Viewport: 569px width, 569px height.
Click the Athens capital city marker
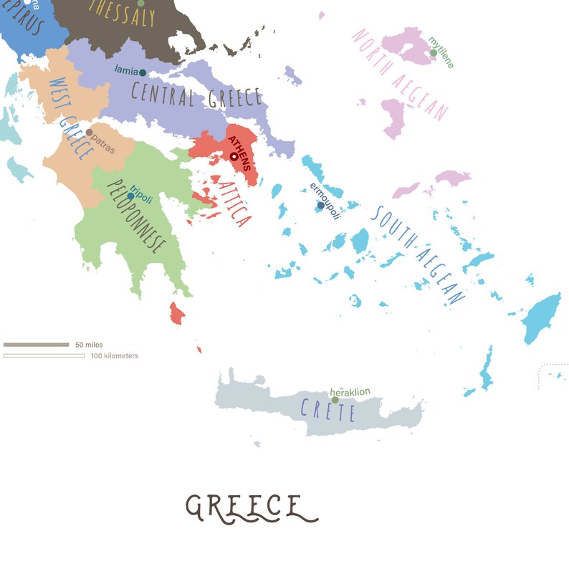click(x=234, y=156)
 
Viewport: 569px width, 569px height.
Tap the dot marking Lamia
click(x=143, y=72)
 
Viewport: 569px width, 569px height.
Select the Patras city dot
click(x=89, y=133)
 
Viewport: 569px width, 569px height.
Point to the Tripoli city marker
click(x=130, y=196)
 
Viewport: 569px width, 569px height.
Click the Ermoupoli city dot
click(x=321, y=206)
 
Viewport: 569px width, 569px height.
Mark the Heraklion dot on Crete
click(x=335, y=400)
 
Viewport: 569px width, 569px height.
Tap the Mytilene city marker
click(x=434, y=52)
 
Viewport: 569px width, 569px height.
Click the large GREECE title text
click(x=251, y=507)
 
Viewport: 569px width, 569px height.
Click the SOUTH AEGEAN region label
click(x=419, y=255)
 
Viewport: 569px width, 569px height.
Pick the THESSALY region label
click(x=122, y=13)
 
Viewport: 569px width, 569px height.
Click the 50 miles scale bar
click(x=36, y=345)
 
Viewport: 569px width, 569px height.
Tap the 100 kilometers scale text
click(x=115, y=355)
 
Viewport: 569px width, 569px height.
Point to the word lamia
click(x=126, y=70)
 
